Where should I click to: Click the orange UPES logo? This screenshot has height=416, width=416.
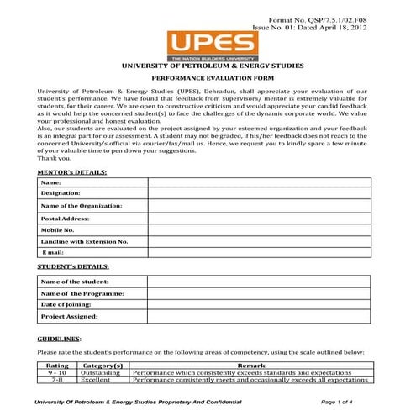click(207, 44)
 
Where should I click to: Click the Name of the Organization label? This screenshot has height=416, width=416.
click(82, 205)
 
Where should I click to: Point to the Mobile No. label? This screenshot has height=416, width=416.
click(58, 229)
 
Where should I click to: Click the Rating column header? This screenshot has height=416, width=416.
click(57, 366)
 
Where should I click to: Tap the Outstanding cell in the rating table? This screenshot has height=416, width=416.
click(102, 373)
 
